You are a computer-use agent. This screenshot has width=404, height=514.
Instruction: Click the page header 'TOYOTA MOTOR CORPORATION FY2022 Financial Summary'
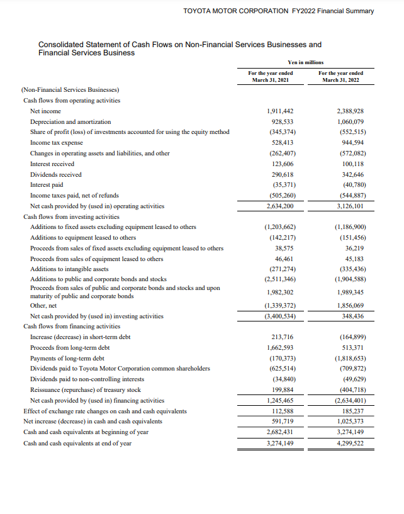coord(278,11)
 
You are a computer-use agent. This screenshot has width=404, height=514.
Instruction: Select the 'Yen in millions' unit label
coord(305,62)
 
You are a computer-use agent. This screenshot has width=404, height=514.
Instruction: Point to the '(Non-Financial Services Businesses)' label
coord(70,90)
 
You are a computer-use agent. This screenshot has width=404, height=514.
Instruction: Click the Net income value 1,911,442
coord(281,111)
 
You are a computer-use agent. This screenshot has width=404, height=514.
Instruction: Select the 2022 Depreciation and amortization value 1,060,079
coord(351,121)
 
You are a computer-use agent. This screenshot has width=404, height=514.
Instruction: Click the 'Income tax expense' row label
coord(57,143)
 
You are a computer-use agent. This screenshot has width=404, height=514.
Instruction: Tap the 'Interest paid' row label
coord(47,185)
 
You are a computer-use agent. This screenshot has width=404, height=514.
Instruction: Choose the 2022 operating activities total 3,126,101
coord(351,206)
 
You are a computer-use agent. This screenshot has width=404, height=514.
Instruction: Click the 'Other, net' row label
coord(44,306)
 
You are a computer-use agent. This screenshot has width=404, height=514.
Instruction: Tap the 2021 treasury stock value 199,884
coord(283,389)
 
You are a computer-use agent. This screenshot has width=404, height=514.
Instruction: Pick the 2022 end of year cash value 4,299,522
coord(351,443)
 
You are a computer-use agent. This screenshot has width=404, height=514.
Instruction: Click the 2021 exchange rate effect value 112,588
coord(283,411)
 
